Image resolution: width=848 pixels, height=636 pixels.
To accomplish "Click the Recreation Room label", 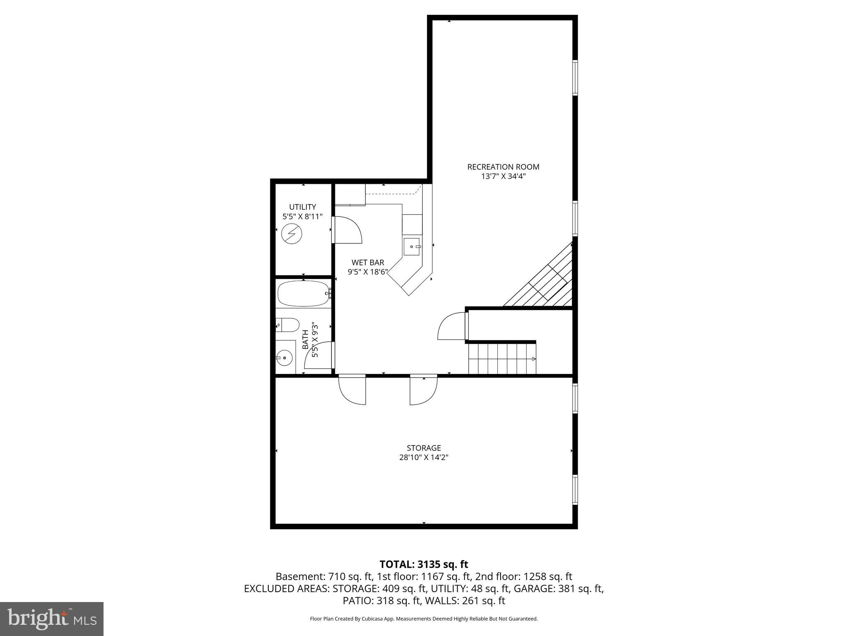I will point(503,167).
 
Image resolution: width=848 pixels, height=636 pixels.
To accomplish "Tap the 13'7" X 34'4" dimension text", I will point(503,176).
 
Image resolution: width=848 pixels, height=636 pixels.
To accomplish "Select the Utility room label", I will point(302,207).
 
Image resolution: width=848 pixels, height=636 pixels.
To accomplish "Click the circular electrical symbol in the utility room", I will point(291,234).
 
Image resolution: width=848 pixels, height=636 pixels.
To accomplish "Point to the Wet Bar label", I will point(368,263).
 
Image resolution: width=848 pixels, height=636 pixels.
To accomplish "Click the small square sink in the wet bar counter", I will point(412,246).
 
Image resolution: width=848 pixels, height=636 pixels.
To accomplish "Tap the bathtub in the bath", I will point(303,294).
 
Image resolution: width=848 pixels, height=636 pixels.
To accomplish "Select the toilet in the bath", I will point(288,325).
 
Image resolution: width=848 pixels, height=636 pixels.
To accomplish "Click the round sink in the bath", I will point(284,357).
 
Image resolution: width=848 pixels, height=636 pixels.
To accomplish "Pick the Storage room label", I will point(424,448).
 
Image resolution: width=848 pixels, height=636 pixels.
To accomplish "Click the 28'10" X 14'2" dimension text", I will point(424,458).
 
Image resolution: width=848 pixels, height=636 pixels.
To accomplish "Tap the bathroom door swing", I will point(319,355).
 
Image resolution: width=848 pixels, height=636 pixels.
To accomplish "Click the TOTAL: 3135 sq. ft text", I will point(424,564).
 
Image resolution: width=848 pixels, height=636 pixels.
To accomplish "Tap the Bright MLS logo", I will point(52,619).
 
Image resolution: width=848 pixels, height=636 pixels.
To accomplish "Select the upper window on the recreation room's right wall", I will point(575,77).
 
